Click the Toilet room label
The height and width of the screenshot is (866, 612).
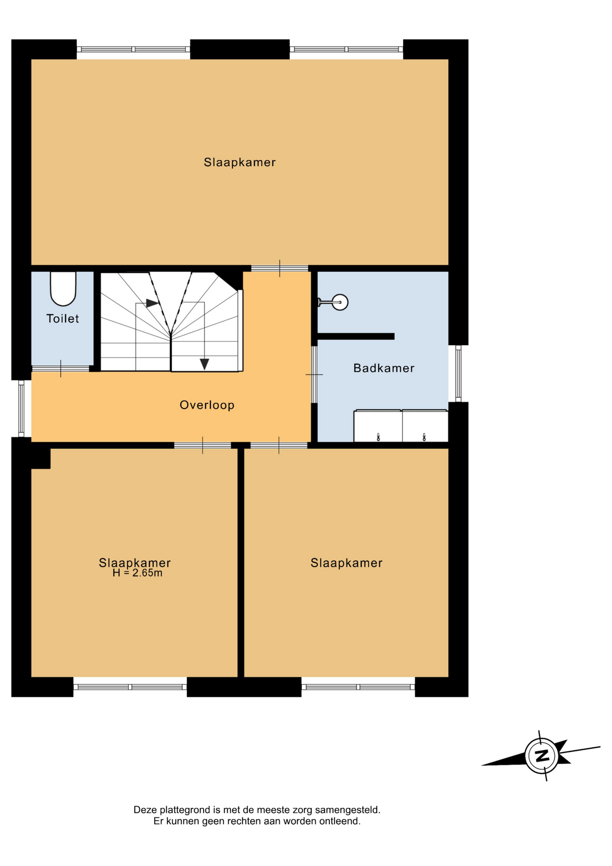click(63, 319)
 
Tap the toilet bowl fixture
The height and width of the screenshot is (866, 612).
click(63, 289)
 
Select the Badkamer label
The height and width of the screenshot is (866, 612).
click(384, 368)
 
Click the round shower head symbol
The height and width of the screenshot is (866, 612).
click(340, 302)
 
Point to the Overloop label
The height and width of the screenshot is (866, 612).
click(207, 405)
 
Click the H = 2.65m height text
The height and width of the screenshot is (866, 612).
click(137, 573)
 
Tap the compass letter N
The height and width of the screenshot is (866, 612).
click(542, 755)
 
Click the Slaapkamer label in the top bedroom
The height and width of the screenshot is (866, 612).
click(239, 162)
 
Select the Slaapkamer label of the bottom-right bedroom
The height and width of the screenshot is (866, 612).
click(346, 563)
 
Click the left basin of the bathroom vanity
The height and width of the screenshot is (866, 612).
click(378, 426)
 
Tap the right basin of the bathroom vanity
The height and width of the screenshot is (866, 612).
click(425, 426)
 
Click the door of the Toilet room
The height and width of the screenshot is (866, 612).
click(60, 369)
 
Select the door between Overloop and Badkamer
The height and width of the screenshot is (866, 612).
click(314, 374)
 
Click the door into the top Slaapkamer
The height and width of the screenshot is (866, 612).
click(279, 268)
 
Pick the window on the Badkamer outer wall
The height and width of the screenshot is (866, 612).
click(458, 373)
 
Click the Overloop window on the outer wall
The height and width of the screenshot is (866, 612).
click(21, 409)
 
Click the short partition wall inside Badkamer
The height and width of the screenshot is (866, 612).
click(356, 336)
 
